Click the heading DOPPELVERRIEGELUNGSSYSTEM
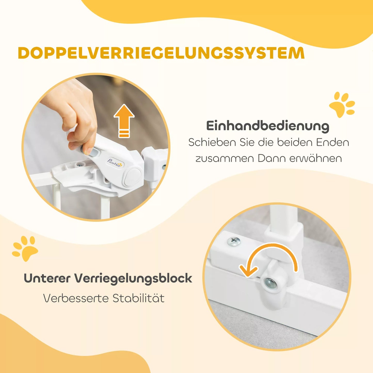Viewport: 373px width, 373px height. point(161,53)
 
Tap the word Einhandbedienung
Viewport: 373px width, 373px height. point(268,126)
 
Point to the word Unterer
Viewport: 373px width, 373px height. point(47,278)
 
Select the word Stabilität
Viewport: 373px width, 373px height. point(138,298)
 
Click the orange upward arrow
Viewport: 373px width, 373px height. point(124,120)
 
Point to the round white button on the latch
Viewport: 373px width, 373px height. point(132,177)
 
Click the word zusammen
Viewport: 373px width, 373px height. point(225,158)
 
